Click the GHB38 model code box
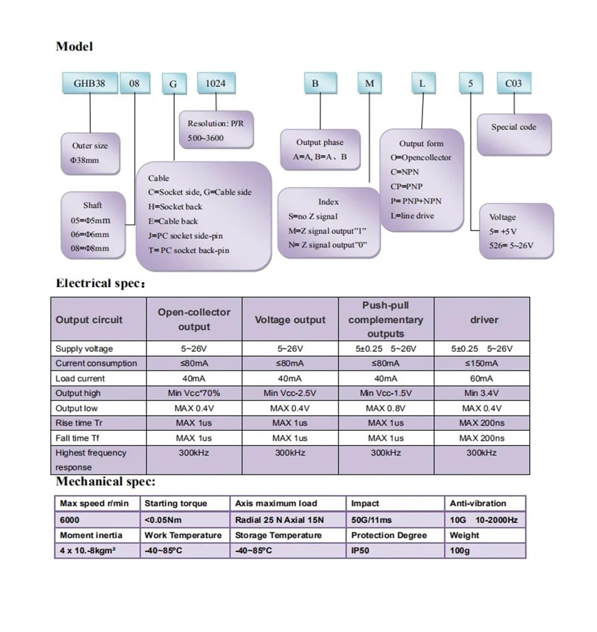click(90, 83)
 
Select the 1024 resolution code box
click(216, 83)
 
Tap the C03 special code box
click(514, 83)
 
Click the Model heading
click(74, 47)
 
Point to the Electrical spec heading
click(100, 284)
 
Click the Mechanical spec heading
click(105, 482)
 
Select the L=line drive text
click(412, 216)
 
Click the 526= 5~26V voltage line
click(511, 245)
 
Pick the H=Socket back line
click(175, 207)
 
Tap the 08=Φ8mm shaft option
click(90, 248)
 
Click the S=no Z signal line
click(313, 216)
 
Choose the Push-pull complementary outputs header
click(386, 319)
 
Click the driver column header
click(484, 320)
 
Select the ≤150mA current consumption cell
click(482, 363)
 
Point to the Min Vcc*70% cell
click(194, 393)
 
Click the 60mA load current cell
click(482, 378)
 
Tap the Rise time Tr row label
click(79, 423)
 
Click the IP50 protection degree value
click(360, 551)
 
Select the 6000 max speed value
click(69, 520)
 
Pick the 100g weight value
click(460, 551)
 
